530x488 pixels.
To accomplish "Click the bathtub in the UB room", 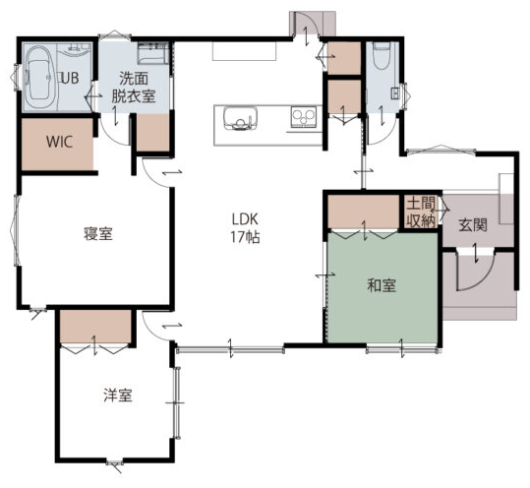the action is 39,77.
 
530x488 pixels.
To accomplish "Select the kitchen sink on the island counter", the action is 240,118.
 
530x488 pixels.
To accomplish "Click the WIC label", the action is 59,142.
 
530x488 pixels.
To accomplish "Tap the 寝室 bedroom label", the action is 98,234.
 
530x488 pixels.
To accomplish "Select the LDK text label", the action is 245,219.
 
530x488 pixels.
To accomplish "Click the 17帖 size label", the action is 245,237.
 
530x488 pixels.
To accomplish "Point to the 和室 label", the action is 382,285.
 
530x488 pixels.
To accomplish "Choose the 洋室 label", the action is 118,395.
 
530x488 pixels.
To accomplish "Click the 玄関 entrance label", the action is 473,225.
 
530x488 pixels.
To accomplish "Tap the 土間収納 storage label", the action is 421,213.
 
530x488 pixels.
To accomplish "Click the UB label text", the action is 71,78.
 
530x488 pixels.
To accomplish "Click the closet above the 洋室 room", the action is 95,327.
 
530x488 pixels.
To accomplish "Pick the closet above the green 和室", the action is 364,213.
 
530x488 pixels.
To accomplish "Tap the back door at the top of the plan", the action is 306,25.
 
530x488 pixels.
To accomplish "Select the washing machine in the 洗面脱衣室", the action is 153,53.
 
